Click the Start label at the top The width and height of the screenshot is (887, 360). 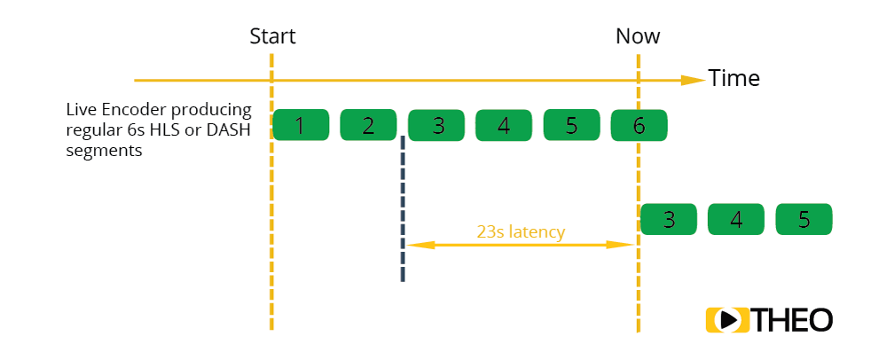coord(272,36)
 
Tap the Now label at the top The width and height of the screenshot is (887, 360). coord(638,36)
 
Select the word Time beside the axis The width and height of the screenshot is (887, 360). coord(734,78)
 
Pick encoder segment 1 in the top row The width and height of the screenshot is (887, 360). coord(301,125)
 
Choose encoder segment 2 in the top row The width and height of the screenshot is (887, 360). coord(368,125)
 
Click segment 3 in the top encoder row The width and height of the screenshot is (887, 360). coord(436,125)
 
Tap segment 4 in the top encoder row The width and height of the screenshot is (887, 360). coord(504,125)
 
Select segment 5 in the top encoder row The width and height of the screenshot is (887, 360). coord(571,125)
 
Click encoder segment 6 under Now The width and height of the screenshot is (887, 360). coord(639,125)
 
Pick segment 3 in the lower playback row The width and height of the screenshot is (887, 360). coord(668,220)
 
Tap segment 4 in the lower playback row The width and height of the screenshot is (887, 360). coord(736,220)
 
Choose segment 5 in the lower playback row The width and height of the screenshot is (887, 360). coord(804,220)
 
